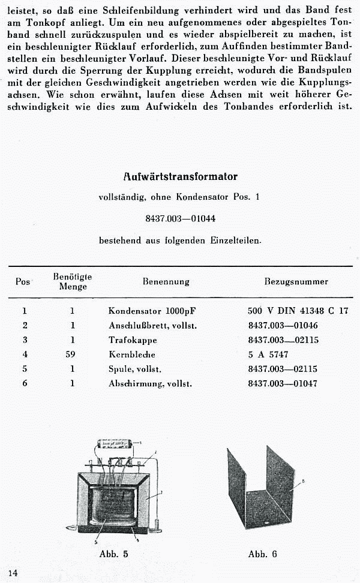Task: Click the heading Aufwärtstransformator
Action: (180, 176)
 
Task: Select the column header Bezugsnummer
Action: (296, 281)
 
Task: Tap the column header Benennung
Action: (166, 281)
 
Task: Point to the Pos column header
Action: (23, 281)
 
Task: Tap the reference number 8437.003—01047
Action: (283, 383)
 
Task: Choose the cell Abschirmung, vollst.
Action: (150, 383)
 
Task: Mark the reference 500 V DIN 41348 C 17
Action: (298, 311)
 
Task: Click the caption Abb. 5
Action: (113, 554)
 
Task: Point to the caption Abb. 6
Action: (263, 554)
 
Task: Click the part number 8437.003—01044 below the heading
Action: (180, 219)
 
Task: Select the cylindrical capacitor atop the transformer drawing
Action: (118, 446)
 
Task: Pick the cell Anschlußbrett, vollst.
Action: (152, 325)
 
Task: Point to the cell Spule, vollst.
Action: (134, 369)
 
